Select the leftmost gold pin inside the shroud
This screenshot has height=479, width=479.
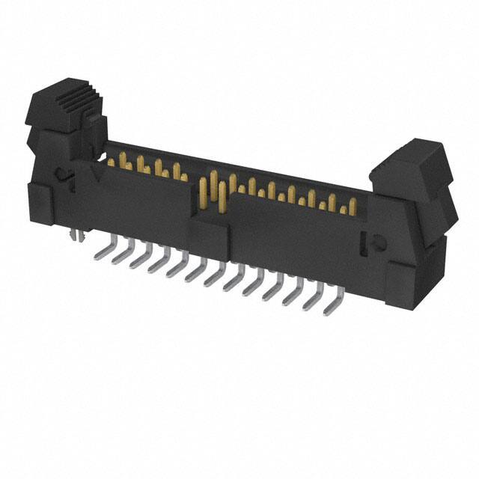click(110, 162)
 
